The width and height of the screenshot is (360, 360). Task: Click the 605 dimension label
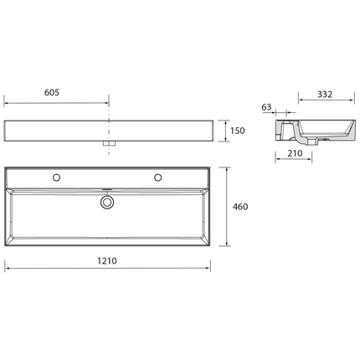52,92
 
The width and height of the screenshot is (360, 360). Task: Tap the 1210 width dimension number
107,261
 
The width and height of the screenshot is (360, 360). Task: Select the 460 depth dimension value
240,207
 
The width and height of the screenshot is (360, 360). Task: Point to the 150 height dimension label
237,131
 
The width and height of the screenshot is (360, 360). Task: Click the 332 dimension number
325,95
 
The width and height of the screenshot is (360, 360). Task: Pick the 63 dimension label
266,107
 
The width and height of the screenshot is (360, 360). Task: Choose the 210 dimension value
295,153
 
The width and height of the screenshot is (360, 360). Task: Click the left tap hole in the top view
57,177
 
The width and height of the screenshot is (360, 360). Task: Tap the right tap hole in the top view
158,177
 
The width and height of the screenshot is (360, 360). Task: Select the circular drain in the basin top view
107,202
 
